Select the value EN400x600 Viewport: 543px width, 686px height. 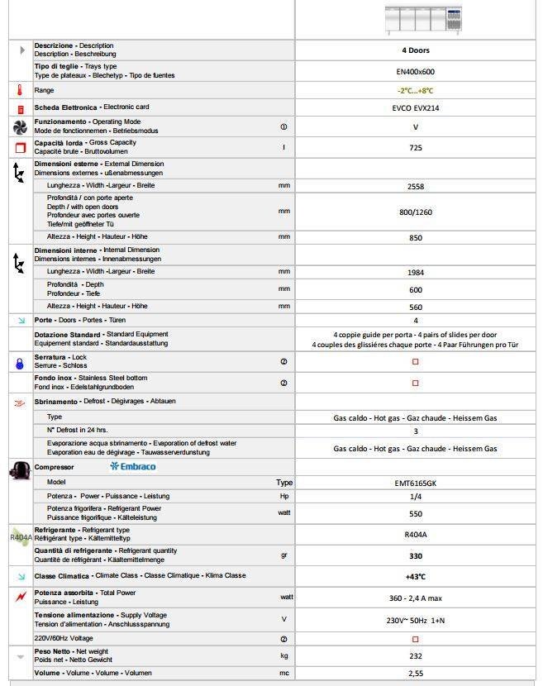click(x=416, y=71)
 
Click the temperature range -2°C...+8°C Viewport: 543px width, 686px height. click(x=416, y=90)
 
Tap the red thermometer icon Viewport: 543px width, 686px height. click(x=18, y=90)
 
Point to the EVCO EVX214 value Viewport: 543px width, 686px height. click(x=416, y=107)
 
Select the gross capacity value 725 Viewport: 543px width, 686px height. click(x=416, y=147)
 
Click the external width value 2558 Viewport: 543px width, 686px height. click(x=416, y=187)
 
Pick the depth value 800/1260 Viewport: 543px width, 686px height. click(x=416, y=212)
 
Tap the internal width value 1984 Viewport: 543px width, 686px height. click(x=416, y=272)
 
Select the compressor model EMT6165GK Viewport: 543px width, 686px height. click(x=416, y=482)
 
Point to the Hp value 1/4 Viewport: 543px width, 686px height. click(x=416, y=497)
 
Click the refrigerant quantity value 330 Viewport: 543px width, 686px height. click(x=416, y=555)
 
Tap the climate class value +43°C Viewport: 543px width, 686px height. click(x=416, y=576)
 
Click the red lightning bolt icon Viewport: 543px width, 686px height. click(x=19, y=597)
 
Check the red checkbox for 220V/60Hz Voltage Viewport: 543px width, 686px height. click(x=416, y=639)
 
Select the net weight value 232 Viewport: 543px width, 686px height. click(x=416, y=655)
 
